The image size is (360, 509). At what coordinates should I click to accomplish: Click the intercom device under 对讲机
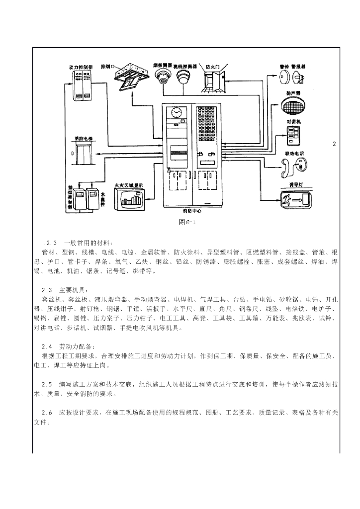[x=293, y=134]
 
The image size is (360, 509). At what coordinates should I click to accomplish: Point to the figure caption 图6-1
[x=187, y=222]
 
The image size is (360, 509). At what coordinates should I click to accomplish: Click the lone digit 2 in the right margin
[x=335, y=144]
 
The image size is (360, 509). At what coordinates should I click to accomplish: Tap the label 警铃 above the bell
[x=283, y=65]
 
